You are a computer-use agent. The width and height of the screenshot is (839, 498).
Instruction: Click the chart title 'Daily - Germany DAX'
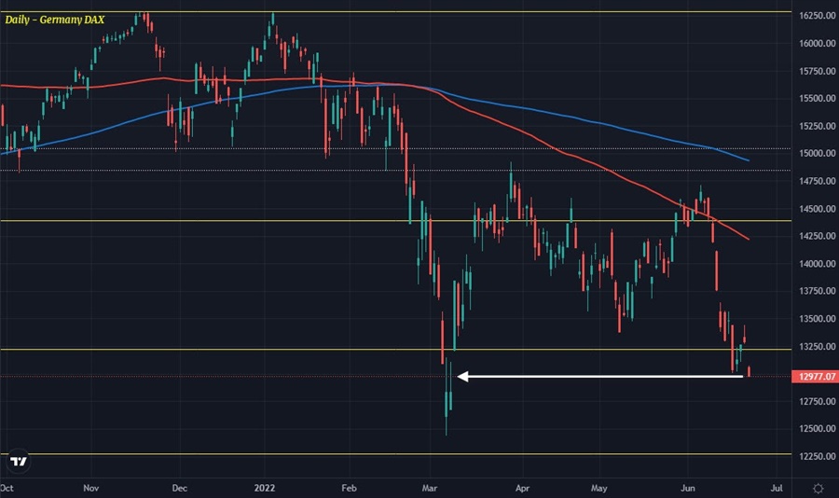pyautogui.click(x=54, y=19)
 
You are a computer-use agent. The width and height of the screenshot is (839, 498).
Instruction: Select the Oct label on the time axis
pyautogui.click(x=7, y=487)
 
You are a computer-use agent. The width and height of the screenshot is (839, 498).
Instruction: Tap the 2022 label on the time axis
pyautogui.click(x=266, y=487)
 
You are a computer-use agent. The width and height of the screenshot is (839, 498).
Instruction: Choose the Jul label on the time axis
pyautogui.click(x=775, y=487)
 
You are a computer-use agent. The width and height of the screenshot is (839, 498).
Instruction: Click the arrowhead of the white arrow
pyautogui.click(x=461, y=377)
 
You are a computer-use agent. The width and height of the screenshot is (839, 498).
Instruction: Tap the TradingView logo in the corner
pyautogui.click(x=18, y=461)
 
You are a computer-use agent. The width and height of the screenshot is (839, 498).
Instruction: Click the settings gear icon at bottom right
pyautogui.click(x=818, y=487)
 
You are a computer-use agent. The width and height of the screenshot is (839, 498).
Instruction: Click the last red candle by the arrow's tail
pyautogui.click(x=750, y=373)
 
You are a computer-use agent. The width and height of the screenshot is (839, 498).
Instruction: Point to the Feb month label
pyautogui.click(x=350, y=487)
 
